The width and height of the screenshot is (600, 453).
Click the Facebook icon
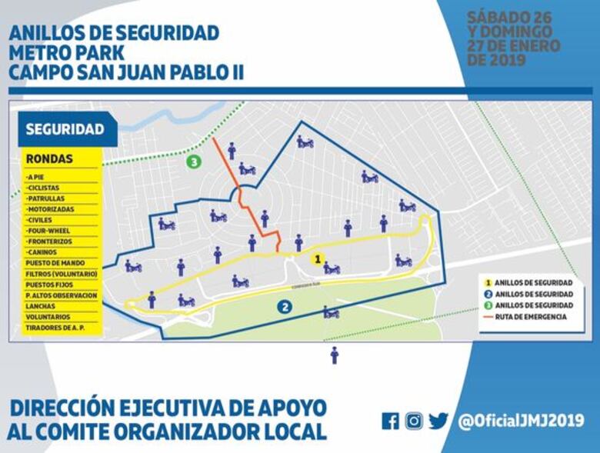click(391, 421)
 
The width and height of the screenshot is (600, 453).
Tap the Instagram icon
click(415, 421)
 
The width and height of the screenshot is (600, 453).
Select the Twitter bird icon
click(438, 421)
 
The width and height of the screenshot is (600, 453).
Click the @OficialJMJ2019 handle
click(521, 421)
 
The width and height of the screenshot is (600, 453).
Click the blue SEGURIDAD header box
click(65, 129)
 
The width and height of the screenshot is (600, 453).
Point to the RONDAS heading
click(49, 159)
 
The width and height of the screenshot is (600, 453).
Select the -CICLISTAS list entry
click(47, 187)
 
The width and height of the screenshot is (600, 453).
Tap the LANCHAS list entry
click(42, 305)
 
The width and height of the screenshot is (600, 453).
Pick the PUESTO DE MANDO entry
click(55, 262)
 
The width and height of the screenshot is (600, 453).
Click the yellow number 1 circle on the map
click(316, 259)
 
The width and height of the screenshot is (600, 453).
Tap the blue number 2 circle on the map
click(285, 307)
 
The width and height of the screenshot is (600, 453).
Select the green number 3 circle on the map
click(194, 162)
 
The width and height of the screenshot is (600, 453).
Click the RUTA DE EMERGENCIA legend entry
click(530, 316)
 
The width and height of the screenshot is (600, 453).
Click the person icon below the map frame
click(334, 355)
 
